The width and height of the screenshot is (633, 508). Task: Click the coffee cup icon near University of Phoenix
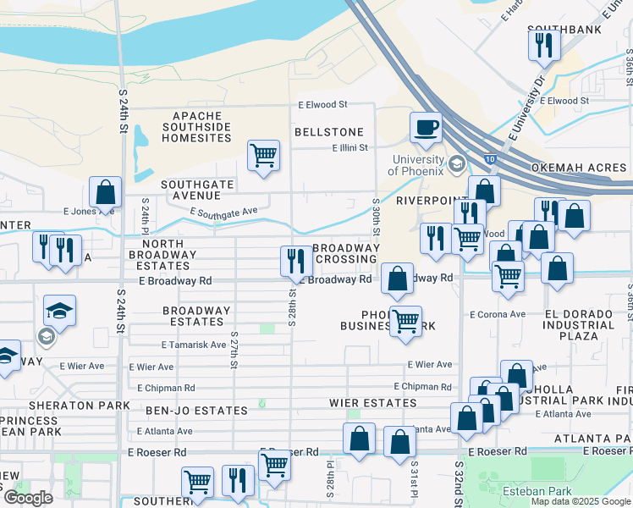[x=426, y=128]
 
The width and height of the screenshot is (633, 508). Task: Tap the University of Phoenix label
[x=416, y=165]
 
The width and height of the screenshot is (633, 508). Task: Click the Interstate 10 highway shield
[x=491, y=158]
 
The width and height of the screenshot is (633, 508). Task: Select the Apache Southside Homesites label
[x=196, y=127]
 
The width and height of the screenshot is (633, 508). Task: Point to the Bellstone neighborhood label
[x=329, y=132]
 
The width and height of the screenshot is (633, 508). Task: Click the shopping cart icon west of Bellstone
[x=263, y=156]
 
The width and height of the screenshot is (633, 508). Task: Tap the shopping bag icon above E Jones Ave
[x=106, y=193]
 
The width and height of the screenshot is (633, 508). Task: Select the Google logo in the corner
[x=28, y=498]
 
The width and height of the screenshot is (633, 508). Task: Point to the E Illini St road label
[x=350, y=147]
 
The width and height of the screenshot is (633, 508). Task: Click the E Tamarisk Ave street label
[x=194, y=345]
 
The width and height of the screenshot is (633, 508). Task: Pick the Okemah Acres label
[x=580, y=168]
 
